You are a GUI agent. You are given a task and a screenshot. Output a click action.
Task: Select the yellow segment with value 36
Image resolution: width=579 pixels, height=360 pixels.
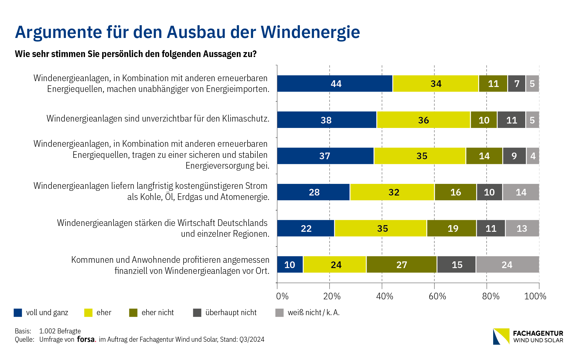pyautogui.click(x=423, y=120)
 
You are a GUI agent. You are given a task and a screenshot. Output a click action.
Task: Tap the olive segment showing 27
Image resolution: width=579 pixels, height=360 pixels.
pyautogui.click(x=402, y=264)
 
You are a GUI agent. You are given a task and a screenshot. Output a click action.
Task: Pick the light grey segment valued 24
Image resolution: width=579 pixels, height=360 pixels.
pyautogui.click(x=507, y=264)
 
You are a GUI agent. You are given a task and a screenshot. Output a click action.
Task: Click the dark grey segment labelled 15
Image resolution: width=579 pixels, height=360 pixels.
pyautogui.click(x=457, y=264)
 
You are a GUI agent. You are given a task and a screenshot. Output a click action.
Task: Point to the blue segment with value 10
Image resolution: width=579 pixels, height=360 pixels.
pyautogui.click(x=290, y=264)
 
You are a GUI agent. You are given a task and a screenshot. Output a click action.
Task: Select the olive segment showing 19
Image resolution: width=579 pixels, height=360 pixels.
pyautogui.click(x=452, y=228)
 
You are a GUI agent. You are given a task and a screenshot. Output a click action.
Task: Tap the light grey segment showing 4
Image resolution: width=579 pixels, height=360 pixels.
pyautogui.click(x=533, y=156)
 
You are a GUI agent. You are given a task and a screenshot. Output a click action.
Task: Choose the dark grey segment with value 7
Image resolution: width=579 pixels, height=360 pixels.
pyautogui.click(x=517, y=84)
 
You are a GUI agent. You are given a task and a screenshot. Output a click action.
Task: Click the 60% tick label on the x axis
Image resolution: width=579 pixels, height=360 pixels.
pyautogui.click(x=437, y=296)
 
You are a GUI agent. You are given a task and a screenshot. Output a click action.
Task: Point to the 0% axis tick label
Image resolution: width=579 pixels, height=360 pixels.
pyautogui.click(x=282, y=296)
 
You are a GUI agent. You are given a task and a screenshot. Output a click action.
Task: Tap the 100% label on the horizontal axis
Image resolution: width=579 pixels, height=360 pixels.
pyautogui.click(x=535, y=296)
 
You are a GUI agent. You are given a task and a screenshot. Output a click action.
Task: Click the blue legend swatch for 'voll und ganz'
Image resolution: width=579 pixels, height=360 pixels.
pyautogui.click(x=18, y=313)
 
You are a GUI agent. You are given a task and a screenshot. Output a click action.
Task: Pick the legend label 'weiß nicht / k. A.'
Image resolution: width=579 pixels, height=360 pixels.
pyautogui.click(x=313, y=313)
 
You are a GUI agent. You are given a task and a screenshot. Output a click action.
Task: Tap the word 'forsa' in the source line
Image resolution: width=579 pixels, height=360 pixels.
pyautogui.click(x=86, y=339)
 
